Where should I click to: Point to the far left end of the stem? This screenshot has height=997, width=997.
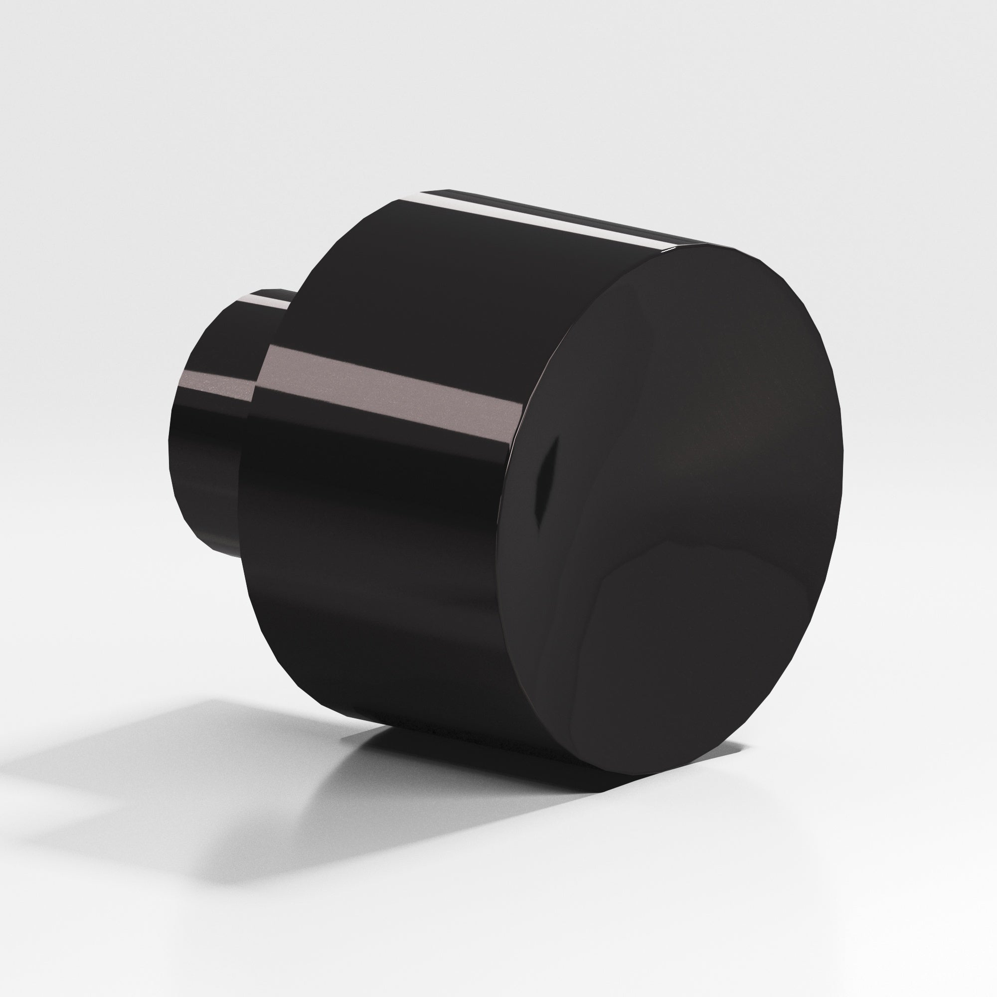coord(173,439)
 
